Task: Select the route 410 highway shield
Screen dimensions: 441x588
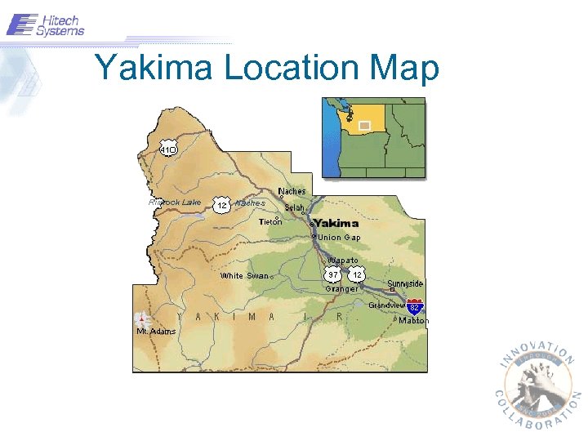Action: pos(168,150)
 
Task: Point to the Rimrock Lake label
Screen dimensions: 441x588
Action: pos(175,202)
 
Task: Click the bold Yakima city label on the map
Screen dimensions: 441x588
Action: pos(336,223)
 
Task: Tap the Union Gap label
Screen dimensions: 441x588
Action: pos(339,237)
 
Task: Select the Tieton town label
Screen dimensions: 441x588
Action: pos(270,221)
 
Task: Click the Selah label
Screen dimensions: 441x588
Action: pos(295,207)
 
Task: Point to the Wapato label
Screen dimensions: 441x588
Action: pos(343,260)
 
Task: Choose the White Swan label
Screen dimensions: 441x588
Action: pos(244,276)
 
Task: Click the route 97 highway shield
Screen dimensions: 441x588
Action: pos(333,275)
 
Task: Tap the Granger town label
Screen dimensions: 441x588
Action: pos(341,288)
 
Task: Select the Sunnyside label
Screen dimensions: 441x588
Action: pos(405,283)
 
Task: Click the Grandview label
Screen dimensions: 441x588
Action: pos(386,305)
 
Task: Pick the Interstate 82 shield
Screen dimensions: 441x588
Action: pos(415,307)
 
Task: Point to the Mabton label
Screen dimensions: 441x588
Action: pos(413,321)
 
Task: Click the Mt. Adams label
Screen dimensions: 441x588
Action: pos(155,331)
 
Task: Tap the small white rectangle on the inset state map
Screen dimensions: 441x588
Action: pos(364,125)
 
